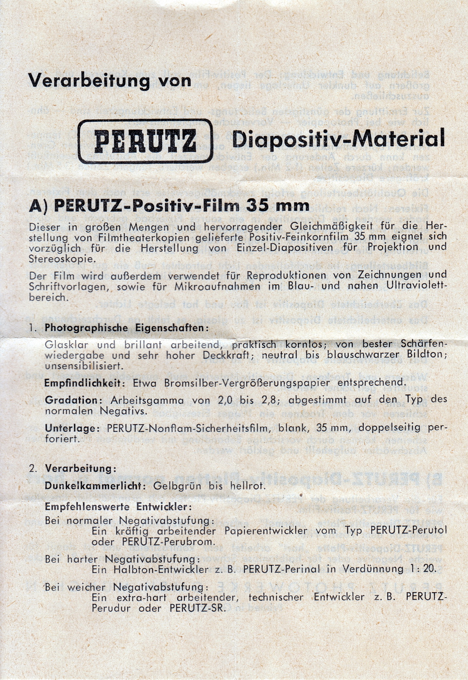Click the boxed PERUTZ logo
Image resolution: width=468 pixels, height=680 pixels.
pos(145,141)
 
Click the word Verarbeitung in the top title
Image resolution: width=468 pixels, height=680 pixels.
pos(89,80)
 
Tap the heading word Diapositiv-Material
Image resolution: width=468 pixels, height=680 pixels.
pos(338,139)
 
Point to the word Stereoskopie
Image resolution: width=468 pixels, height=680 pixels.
pos(61,259)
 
